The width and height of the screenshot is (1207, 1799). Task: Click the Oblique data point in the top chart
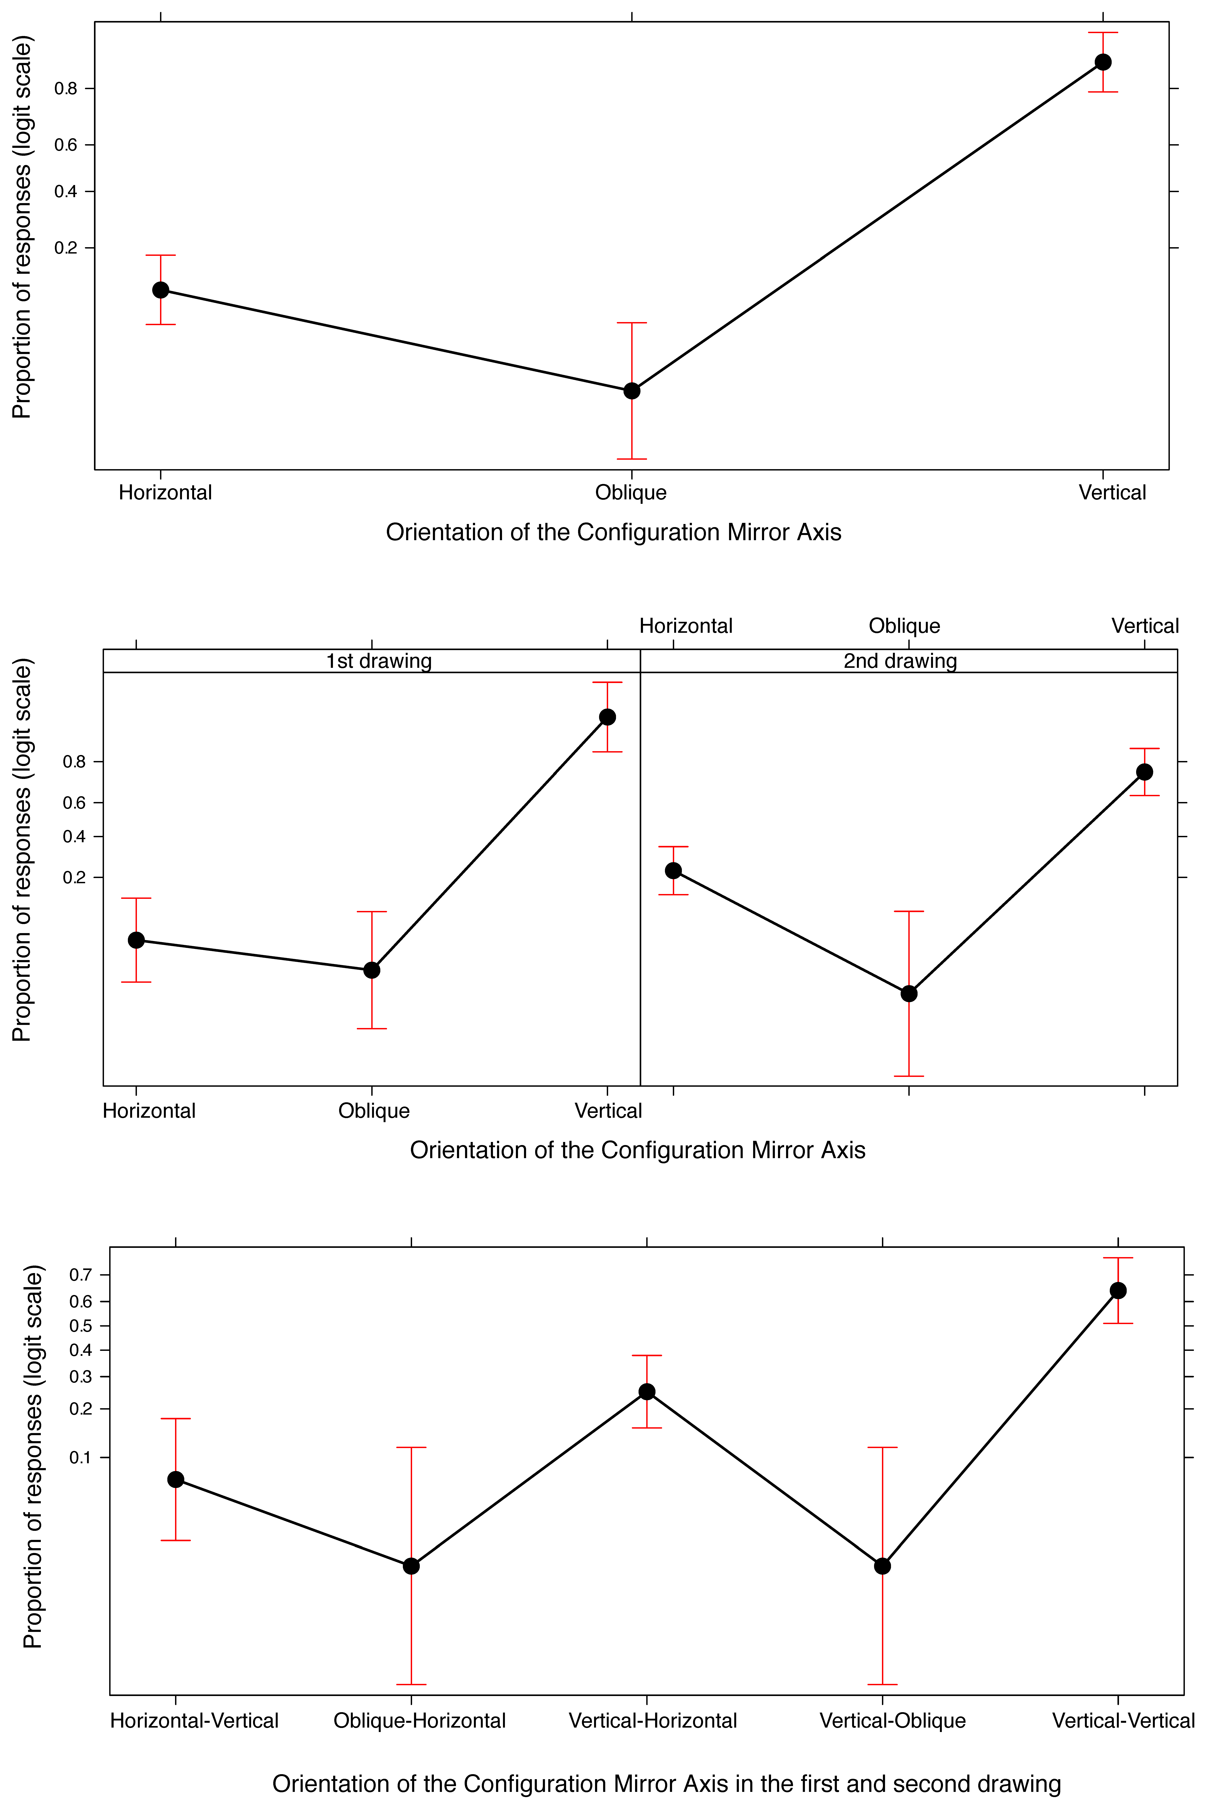[631, 391]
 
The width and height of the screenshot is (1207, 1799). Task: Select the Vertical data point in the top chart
[1102, 62]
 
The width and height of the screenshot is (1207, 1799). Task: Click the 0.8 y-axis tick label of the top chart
[66, 89]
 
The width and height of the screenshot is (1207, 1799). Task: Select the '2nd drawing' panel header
[900, 661]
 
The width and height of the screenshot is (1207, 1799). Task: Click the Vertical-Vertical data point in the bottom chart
[1118, 1290]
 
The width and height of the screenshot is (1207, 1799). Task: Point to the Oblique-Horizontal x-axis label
[420, 1720]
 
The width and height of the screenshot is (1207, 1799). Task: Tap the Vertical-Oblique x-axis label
[892, 1720]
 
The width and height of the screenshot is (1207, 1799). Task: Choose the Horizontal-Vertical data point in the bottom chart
[175, 1480]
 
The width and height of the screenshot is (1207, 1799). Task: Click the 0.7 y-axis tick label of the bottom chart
[81, 1275]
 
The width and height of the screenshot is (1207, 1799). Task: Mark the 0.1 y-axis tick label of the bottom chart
[81, 1457]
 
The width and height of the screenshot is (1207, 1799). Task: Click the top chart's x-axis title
[614, 532]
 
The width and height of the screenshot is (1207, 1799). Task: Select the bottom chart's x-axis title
[667, 1784]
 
